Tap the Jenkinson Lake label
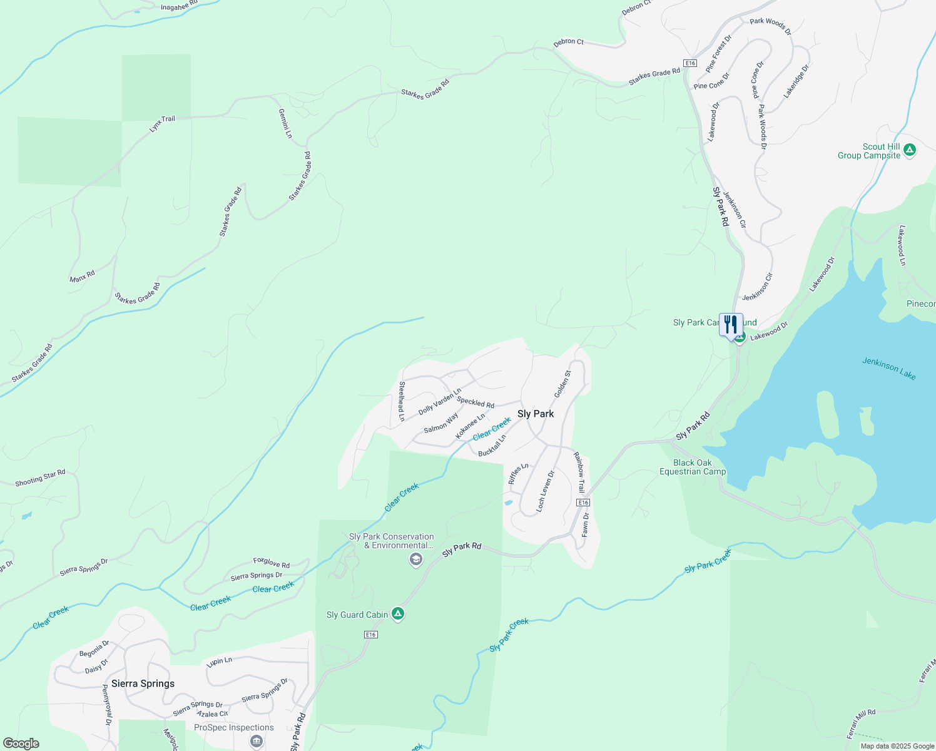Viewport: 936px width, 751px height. click(x=888, y=369)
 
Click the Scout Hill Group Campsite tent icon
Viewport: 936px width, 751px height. click(x=910, y=150)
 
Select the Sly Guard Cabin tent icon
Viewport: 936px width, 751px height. click(x=398, y=614)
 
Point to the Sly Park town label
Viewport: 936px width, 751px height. click(x=536, y=414)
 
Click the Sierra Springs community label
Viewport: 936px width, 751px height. click(x=143, y=683)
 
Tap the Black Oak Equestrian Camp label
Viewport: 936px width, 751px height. click(x=693, y=467)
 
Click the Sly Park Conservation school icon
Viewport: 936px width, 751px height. click(x=415, y=559)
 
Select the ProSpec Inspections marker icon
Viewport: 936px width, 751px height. click(x=256, y=742)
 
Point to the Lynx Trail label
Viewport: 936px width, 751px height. click(x=162, y=123)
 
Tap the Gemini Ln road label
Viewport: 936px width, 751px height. click(x=285, y=123)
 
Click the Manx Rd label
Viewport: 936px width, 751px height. click(x=82, y=276)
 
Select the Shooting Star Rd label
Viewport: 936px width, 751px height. click(x=40, y=478)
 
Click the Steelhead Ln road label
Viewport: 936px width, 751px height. click(x=402, y=401)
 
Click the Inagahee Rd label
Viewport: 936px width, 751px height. click(x=179, y=6)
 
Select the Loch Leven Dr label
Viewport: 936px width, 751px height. click(x=546, y=492)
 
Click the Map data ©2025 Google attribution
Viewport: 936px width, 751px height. click(x=897, y=746)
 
